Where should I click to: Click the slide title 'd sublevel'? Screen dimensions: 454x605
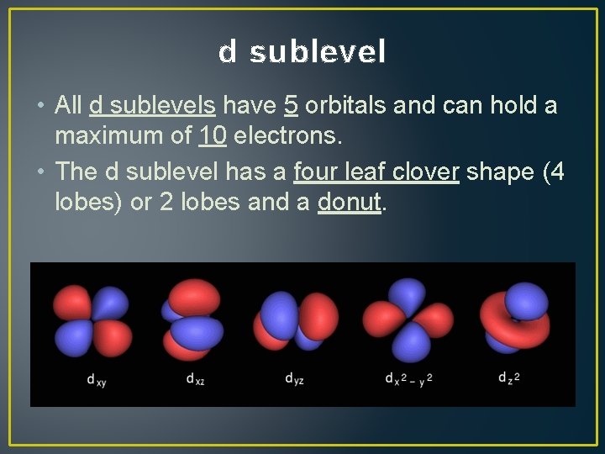pyautogui.click(x=302, y=52)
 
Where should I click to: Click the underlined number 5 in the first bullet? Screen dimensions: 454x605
pyautogui.click(x=292, y=105)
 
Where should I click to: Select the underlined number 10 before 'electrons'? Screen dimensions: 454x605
pyautogui.click(x=211, y=135)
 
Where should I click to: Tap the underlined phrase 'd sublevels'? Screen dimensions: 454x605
pyautogui.click(x=152, y=105)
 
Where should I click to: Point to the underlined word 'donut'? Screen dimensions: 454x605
pyautogui.click(x=349, y=203)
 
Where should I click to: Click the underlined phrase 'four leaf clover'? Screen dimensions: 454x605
pyautogui.click(x=376, y=172)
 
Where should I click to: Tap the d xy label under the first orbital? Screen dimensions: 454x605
pyautogui.click(x=96, y=379)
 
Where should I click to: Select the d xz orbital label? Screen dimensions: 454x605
pyautogui.click(x=196, y=378)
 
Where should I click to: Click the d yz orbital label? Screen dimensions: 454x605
pyautogui.click(x=293, y=378)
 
